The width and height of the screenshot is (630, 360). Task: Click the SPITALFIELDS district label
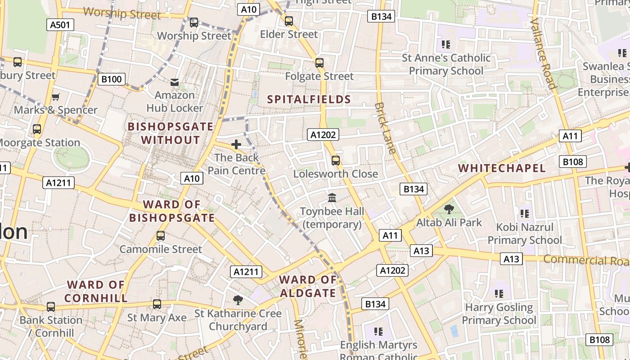pyautogui.click(x=309, y=99)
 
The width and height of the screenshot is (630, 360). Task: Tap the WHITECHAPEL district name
pyautogui.click(x=502, y=168)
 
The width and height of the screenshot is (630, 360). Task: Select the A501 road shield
pyautogui.click(x=60, y=25)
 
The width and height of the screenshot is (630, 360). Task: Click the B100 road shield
pyautogui.click(x=111, y=80)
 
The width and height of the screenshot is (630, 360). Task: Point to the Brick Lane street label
pyautogui.click(x=386, y=128)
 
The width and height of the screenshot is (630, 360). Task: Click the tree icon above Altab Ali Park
pyautogui.click(x=449, y=209)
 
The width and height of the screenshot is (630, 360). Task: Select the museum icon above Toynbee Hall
pyautogui.click(x=332, y=198)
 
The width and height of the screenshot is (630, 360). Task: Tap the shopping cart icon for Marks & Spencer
pyautogui.click(x=56, y=97)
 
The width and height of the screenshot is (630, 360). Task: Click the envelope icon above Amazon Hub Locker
pyautogui.click(x=175, y=82)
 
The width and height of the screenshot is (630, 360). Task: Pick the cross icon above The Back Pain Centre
pyautogui.click(x=236, y=144)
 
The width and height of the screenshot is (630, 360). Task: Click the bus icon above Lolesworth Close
pyautogui.click(x=335, y=160)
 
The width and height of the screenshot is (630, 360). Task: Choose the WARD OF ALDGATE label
pyautogui.click(x=308, y=287)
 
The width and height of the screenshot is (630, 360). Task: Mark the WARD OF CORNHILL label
pyautogui.click(x=96, y=291)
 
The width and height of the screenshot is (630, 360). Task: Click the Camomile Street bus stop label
pyautogui.click(x=161, y=249)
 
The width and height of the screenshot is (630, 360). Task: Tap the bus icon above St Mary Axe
pyautogui.click(x=157, y=304)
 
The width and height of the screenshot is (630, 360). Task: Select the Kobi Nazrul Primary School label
pyautogui.click(x=525, y=233)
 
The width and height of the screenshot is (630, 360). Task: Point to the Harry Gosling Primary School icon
pyautogui.click(x=499, y=294)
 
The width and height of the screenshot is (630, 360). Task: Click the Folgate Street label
pyautogui.click(x=319, y=76)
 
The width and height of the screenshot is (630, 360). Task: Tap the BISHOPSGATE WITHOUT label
pyautogui.click(x=170, y=133)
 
